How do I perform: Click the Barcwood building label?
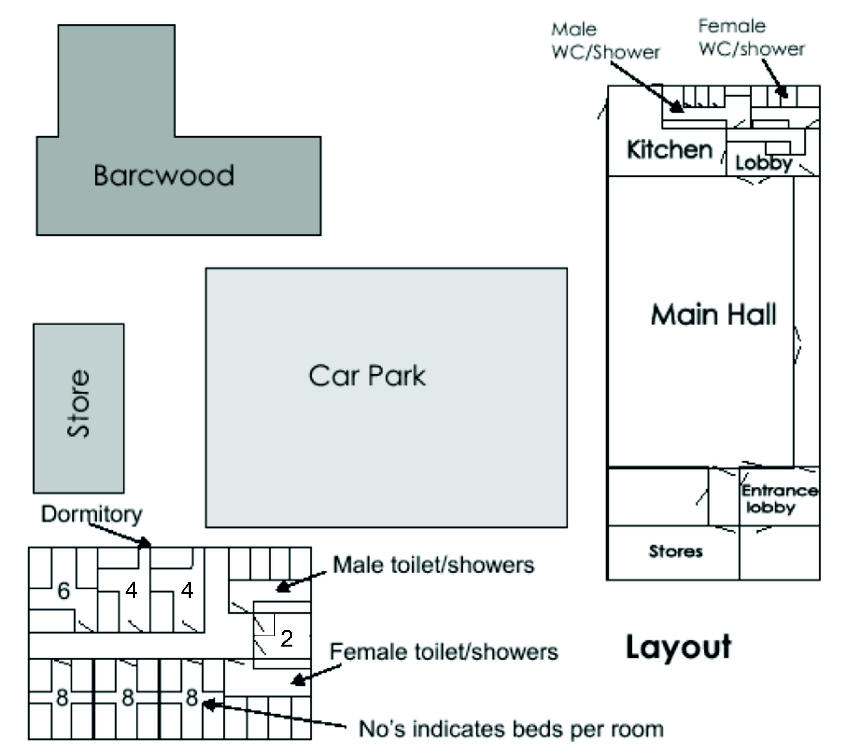[x=164, y=175]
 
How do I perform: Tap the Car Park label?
[x=367, y=376]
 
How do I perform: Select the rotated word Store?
[x=78, y=403]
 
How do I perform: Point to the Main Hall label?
[x=713, y=314]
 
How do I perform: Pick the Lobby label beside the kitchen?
[x=763, y=164]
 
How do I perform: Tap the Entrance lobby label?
[x=779, y=499]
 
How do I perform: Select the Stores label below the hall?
[x=676, y=551]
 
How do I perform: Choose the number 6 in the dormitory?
[x=63, y=591]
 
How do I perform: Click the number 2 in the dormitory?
[x=287, y=638]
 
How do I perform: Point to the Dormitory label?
[x=92, y=514]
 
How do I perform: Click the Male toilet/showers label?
[x=434, y=565]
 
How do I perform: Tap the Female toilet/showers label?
[x=444, y=652]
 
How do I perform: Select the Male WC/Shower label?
[x=605, y=41]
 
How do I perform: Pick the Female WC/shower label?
[x=751, y=37]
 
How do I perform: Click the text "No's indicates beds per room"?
[x=511, y=729]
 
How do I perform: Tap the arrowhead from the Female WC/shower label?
[x=782, y=92]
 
